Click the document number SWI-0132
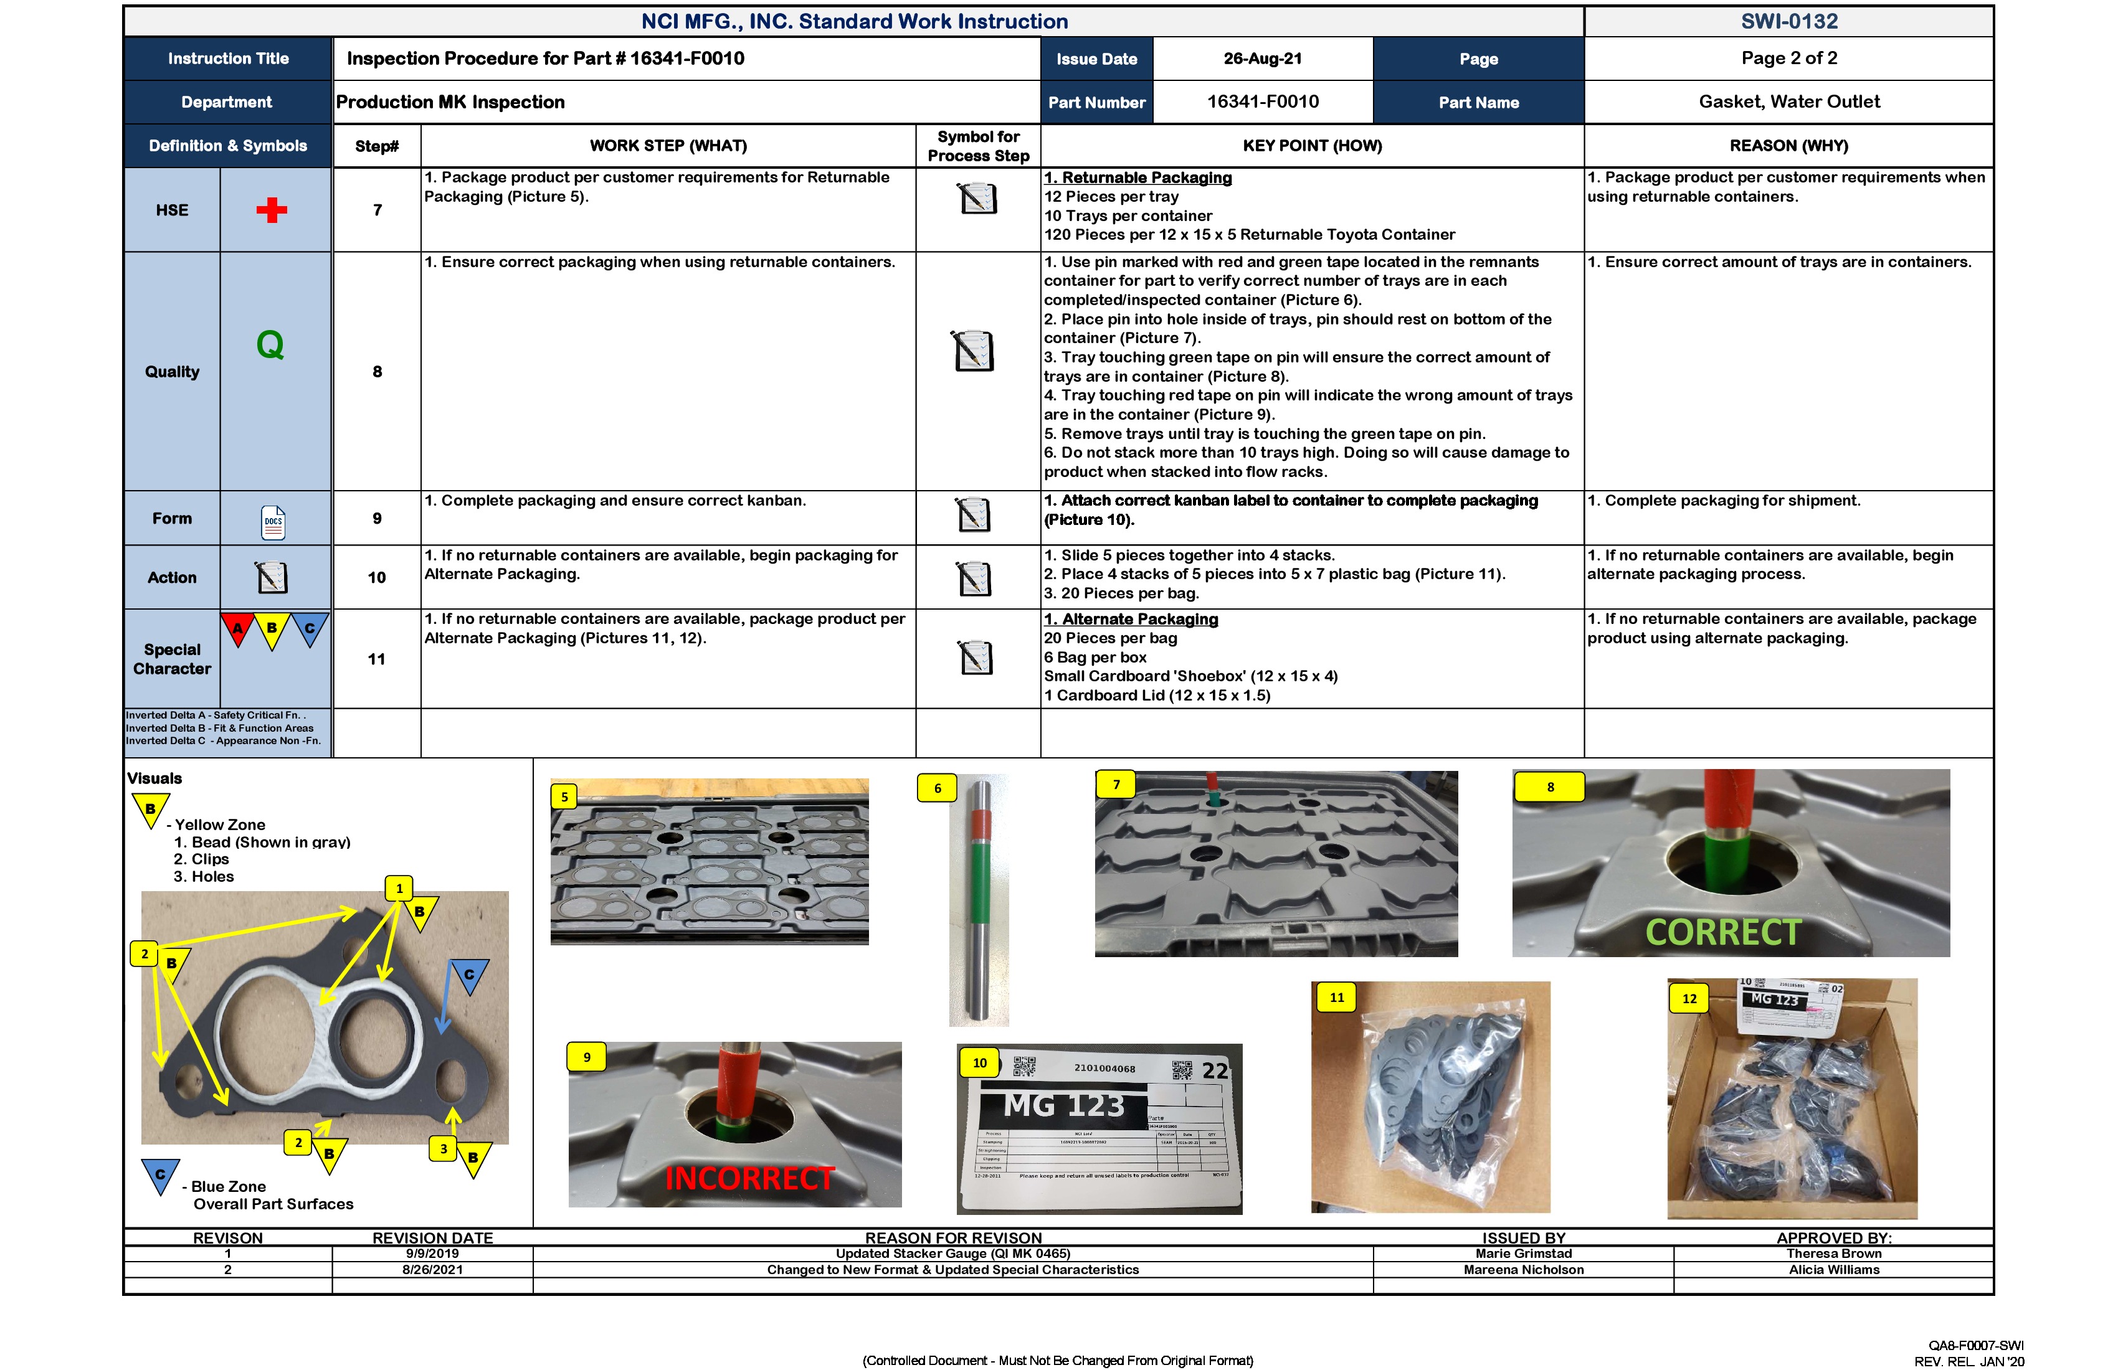(x=1788, y=21)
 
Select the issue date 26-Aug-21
(x=1262, y=59)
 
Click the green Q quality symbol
(x=270, y=344)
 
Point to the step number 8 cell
(x=378, y=372)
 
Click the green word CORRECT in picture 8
(x=1723, y=932)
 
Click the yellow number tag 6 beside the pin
(x=937, y=788)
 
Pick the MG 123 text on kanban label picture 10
(x=1065, y=1106)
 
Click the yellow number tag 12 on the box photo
(x=1689, y=998)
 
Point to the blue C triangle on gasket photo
(x=469, y=974)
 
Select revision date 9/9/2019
(x=432, y=1254)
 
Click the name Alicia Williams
(x=1833, y=1270)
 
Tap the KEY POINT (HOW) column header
(x=1312, y=146)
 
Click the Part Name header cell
(x=1478, y=102)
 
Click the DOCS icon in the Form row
(x=273, y=522)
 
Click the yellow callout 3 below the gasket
(x=443, y=1148)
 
